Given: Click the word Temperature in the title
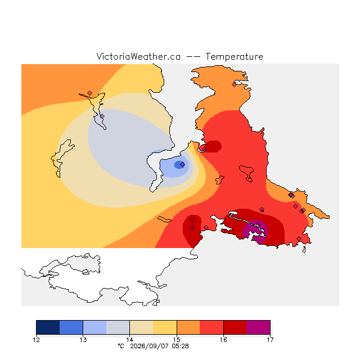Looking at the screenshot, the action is [x=234, y=56].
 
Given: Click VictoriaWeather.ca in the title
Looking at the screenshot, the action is [x=138, y=56].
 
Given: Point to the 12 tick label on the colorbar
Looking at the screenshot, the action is [x=36, y=340].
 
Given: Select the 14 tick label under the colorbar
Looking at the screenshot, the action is [x=129, y=340].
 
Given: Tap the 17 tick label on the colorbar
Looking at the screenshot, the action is [x=270, y=340].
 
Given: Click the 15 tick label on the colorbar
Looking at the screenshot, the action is [x=177, y=340].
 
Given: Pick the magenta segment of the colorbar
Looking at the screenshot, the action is [x=258, y=327].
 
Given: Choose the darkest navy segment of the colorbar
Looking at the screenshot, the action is [x=48, y=327].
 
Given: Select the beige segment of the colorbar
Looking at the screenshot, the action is [x=141, y=327].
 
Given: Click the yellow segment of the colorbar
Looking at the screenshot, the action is [x=165, y=327].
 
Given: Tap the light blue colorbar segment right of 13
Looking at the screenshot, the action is [x=94, y=327].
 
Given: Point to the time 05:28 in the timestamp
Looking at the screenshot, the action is [x=180, y=346].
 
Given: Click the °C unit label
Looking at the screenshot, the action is [x=121, y=346].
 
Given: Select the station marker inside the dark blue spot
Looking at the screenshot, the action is [x=182, y=164].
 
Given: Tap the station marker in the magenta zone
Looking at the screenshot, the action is [x=258, y=225].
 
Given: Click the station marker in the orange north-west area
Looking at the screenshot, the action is [x=89, y=93].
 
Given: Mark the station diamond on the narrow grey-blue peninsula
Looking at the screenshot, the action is [x=102, y=116].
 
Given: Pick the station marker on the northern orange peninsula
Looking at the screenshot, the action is [x=234, y=85].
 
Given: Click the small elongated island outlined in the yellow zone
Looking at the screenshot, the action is [x=164, y=219].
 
